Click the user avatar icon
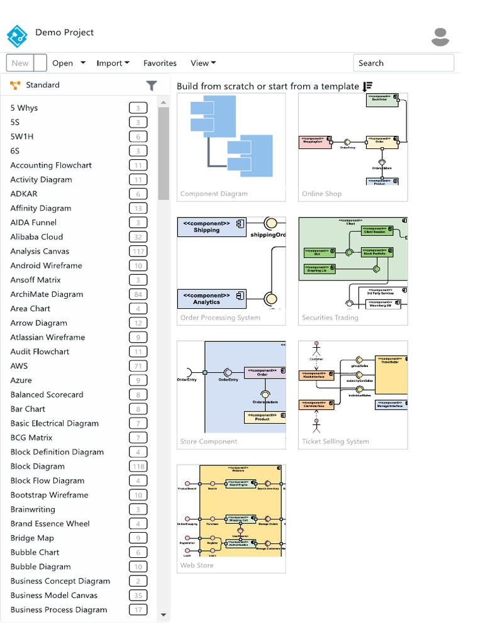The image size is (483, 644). pos(440,37)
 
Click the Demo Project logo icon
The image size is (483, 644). pos(17,36)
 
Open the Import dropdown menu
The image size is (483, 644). pos(113,63)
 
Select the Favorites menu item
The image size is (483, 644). pos(160,63)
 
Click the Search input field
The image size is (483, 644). pos(403,63)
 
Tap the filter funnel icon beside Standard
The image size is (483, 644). pos(151,86)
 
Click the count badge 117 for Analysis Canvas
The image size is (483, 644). pos(138,252)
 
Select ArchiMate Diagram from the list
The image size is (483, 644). pos(47,294)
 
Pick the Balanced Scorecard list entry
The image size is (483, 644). pos(47,395)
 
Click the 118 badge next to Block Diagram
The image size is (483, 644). pos(138,467)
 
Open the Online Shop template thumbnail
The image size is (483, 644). pos(353,140)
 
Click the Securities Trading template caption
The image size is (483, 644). pos(330,318)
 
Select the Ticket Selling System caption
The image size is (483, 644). pos(335,441)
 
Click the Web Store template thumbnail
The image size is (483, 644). pos(231,511)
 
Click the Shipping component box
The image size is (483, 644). pos(211,227)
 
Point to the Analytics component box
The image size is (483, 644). pos(211,299)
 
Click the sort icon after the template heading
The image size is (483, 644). pos(368,86)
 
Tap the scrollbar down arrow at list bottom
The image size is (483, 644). pos(164,615)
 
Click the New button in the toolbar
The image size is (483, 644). pos(20,63)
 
